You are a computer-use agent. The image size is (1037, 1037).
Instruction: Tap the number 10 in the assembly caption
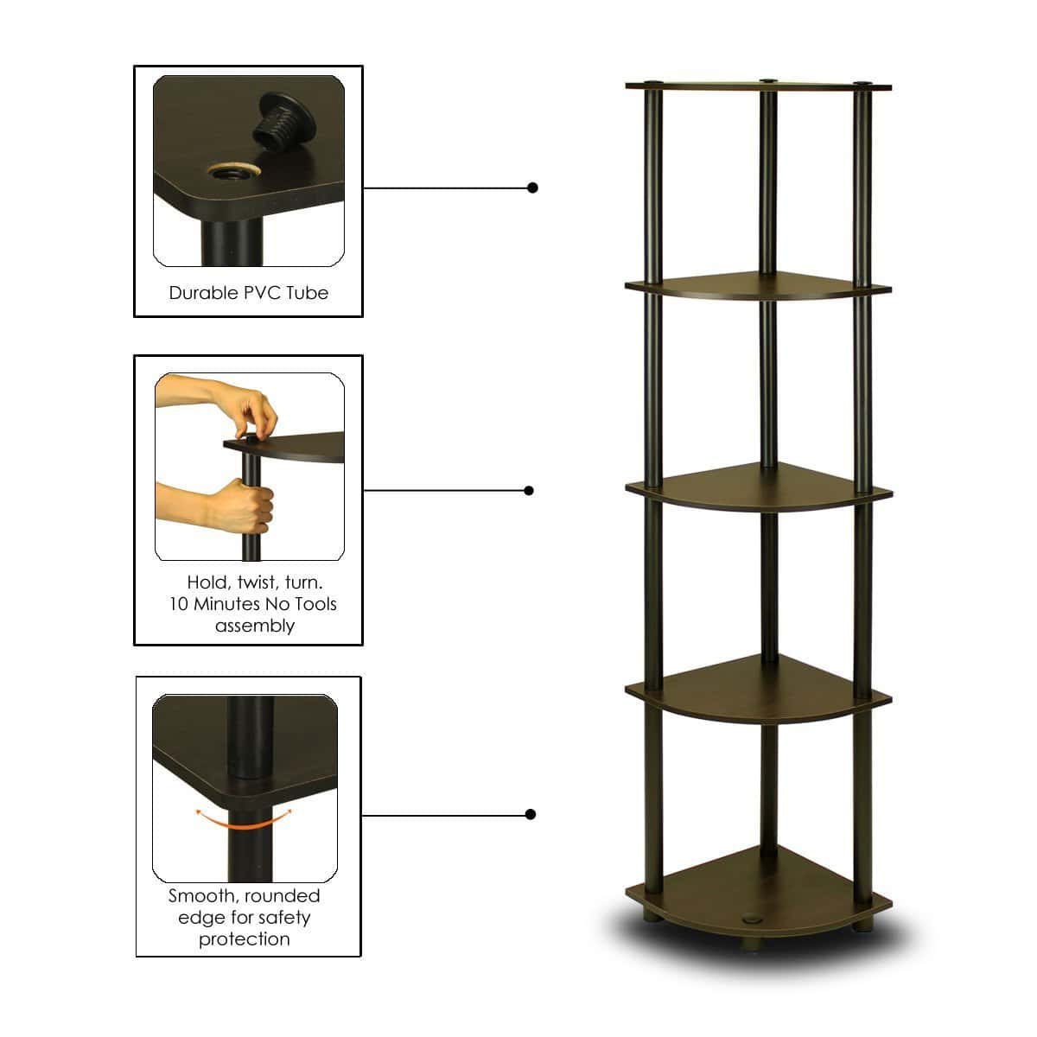coord(179,604)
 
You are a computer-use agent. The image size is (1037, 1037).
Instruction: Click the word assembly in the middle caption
coord(255,626)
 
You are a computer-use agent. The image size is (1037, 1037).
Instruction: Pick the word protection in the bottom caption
coord(245,938)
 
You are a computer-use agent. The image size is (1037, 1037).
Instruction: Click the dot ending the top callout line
coord(532,188)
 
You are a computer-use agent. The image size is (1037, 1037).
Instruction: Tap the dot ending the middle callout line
coord(529,491)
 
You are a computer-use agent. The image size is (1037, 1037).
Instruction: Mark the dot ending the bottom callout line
coord(531,814)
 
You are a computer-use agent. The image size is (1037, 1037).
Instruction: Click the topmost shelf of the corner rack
coord(758,86)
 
